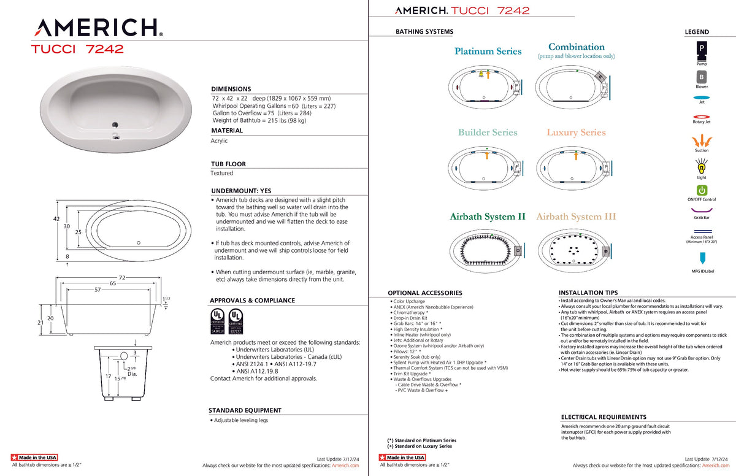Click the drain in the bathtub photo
point(114,124)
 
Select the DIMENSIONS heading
point(231,89)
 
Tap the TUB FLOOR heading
point(228,164)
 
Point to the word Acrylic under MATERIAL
point(219,140)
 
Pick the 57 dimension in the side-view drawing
point(98,289)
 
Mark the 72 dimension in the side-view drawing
point(121,278)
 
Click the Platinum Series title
point(488,52)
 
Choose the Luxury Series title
point(576,132)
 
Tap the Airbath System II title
point(487,217)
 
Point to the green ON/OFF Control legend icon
point(702,190)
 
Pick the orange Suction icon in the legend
point(702,140)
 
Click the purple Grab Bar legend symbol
point(702,210)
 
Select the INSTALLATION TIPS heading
point(588,293)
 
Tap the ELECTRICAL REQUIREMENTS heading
point(604,417)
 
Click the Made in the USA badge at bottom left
point(34,458)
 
